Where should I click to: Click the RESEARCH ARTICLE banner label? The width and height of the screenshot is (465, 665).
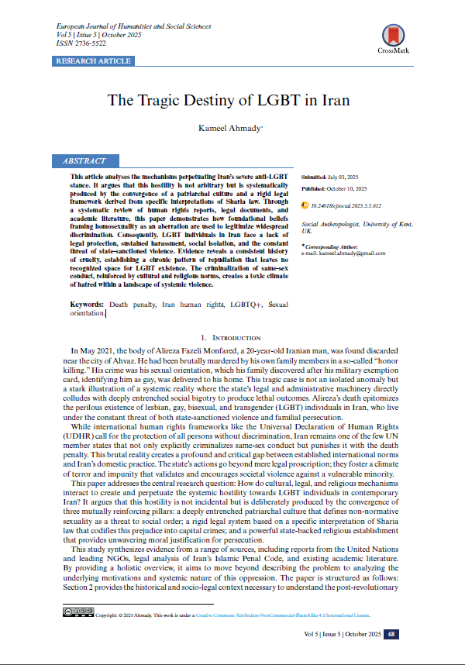(x=94, y=60)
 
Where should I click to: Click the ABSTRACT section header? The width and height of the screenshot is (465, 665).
(x=81, y=161)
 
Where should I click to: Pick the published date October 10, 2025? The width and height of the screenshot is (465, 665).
(x=346, y=189)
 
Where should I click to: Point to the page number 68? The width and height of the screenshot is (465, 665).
(x=392, y=634)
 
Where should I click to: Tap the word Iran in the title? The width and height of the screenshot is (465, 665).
(x=333, y=101)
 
